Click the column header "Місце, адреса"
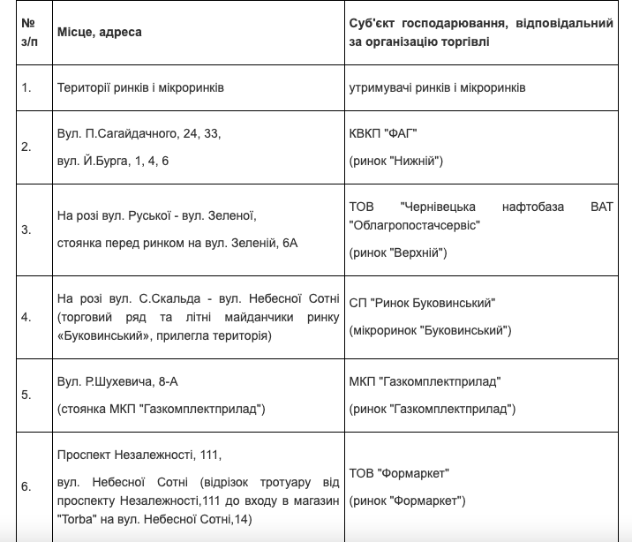pos(100,32)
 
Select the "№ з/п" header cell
pos(28,32)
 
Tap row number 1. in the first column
pos(26,88)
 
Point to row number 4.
pos(26,316)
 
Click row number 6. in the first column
pos(26,486)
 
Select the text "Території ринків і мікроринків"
pos(140,88)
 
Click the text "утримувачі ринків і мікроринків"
pos(438,88)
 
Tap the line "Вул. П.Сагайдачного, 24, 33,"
pos(139,133)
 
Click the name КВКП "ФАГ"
pos(383,133)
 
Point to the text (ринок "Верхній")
pos(399,253)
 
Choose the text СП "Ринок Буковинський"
pos(423,303)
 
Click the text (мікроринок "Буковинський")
pos(432,330)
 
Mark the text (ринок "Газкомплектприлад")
pos(433,409)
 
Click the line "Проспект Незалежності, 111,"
pos(139,455)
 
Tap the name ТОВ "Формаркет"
pos(400,473)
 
